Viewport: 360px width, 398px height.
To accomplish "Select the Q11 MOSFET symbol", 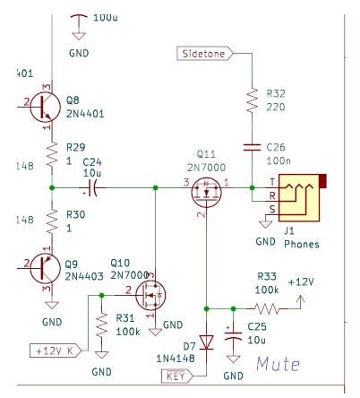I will click(207, 192).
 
